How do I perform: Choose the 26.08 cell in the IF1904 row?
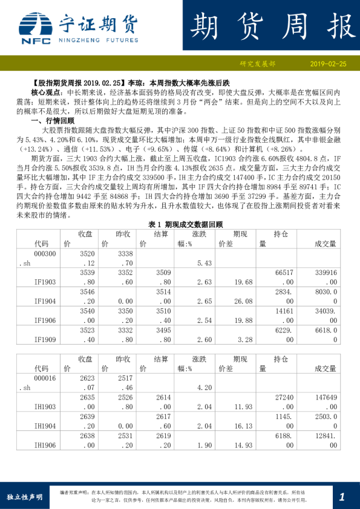click(245, 300)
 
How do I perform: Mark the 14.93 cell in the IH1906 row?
click(245, 446)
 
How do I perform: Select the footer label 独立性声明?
click(24, 497)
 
